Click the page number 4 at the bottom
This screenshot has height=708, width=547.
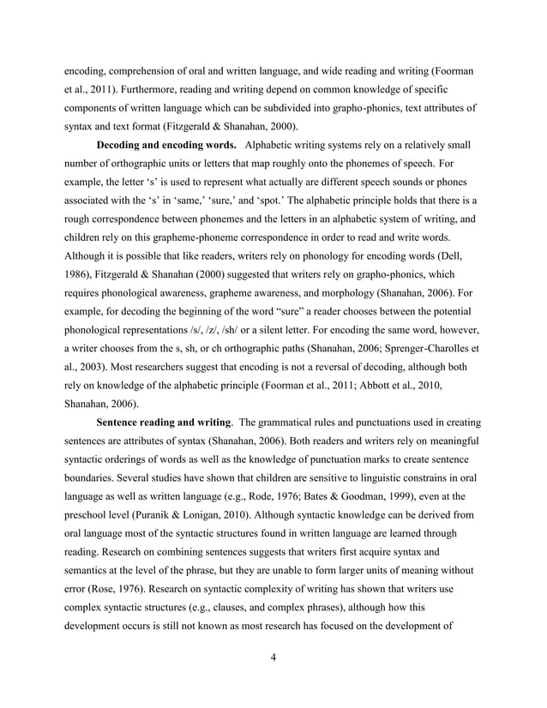point(273,657)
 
